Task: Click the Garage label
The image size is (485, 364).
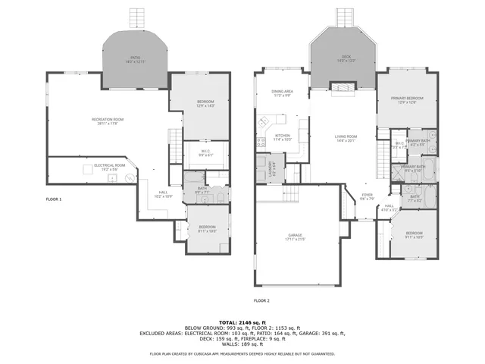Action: point(295,237)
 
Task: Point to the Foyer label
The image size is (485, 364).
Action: point(367,196)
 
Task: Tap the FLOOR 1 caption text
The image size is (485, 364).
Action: point(54,199)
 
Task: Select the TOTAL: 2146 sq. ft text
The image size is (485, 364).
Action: point(242,322)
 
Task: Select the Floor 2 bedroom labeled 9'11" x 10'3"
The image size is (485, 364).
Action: point(413,234)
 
